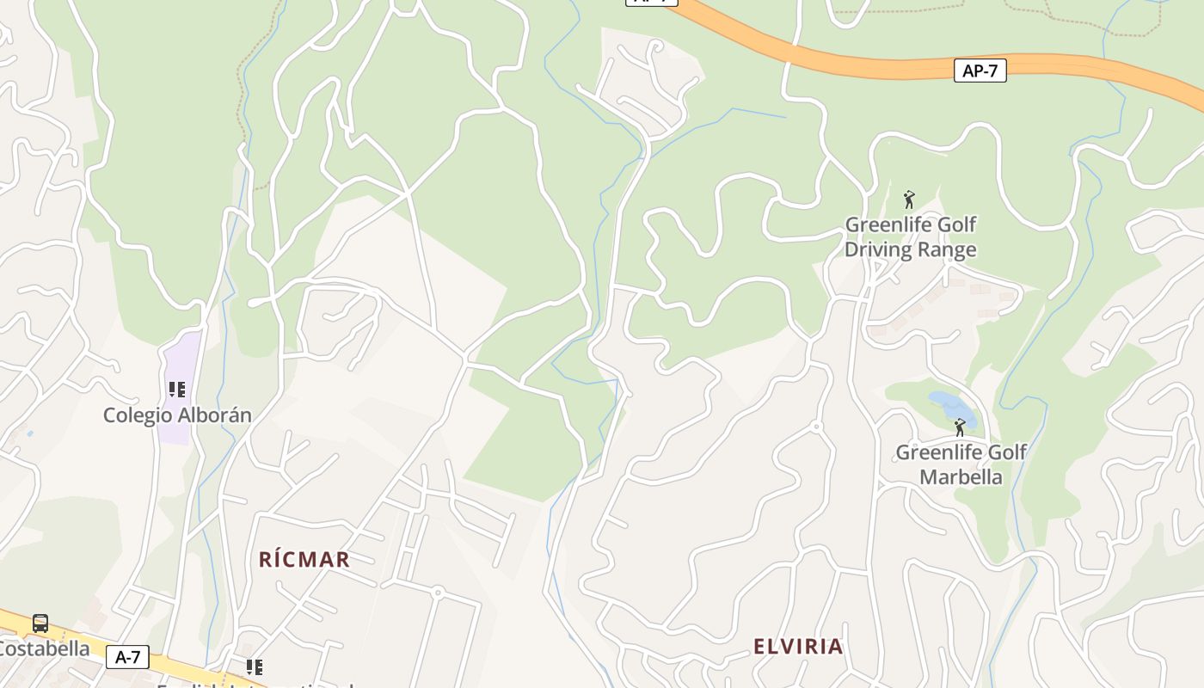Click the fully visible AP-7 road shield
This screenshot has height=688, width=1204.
(980, 71)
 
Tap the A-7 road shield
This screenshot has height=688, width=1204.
(127, 658)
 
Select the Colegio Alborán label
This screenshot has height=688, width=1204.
(177, 415)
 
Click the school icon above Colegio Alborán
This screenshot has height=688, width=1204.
(177, 390)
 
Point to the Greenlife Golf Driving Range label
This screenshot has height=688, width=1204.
(911, 237)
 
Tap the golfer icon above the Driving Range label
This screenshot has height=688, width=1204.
(909, 200)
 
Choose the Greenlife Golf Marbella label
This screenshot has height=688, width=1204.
(961, 464)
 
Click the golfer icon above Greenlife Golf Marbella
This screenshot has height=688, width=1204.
(960, 427)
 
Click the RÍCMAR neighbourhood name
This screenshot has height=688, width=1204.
(304, 560)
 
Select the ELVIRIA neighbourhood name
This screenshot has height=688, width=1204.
(798, 647)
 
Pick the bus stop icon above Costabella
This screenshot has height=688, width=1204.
(40, 623)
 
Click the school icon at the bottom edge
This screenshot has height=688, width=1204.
(254, 667)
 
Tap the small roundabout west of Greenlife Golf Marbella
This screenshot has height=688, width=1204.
(816, 427)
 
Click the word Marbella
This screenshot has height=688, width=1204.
(961, 476)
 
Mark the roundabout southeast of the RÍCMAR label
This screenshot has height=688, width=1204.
(438, 592)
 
